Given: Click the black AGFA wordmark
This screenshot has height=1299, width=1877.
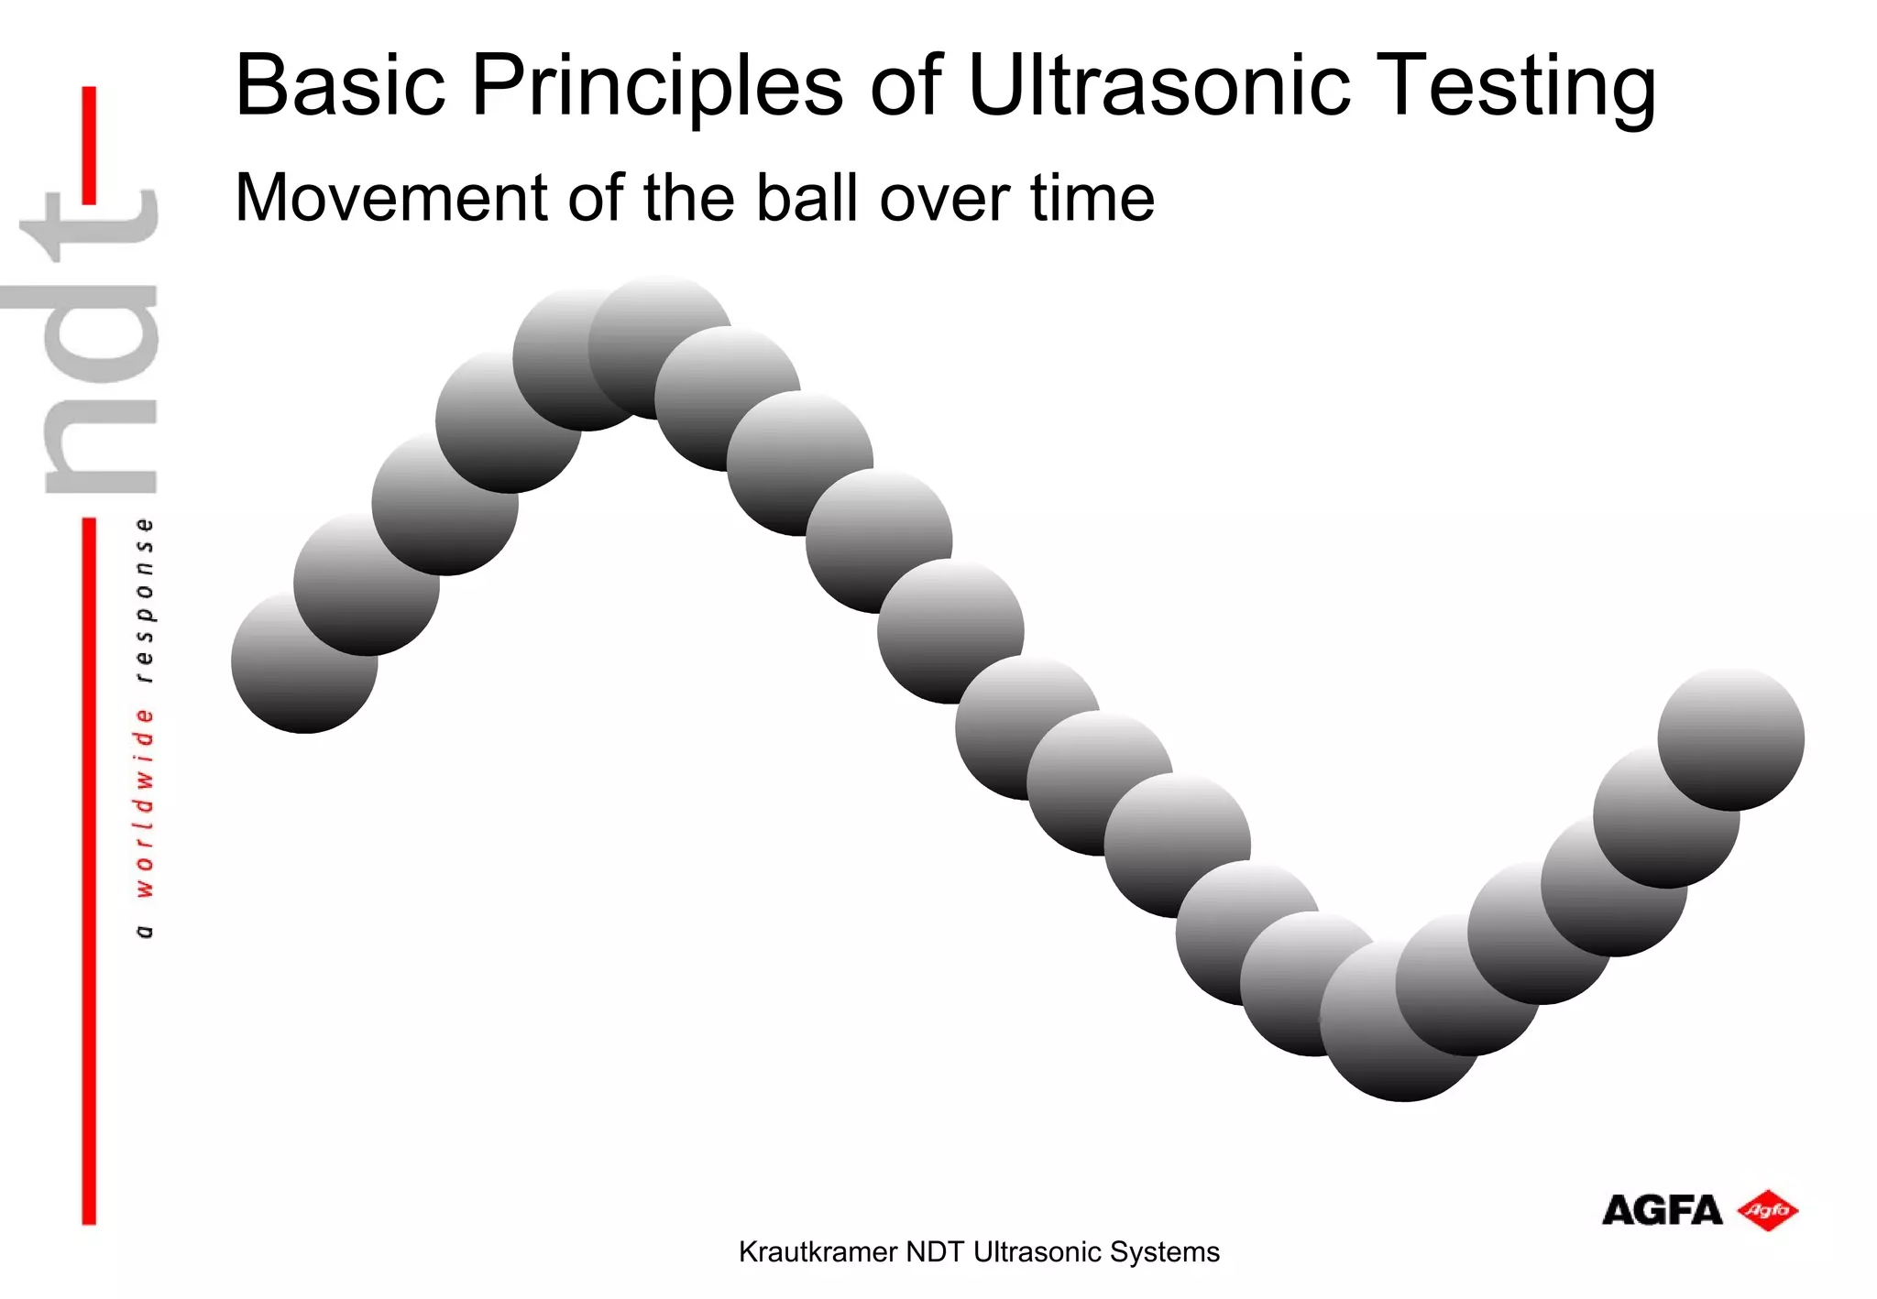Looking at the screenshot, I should (x=1662, y=1211).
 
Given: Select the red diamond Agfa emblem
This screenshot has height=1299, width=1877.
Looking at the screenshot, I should (x=1768, y=1211).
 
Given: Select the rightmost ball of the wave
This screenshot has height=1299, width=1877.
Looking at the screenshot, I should (x=1731, y=738).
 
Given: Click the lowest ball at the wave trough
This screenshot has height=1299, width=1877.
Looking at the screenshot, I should (x=1402, y=1026).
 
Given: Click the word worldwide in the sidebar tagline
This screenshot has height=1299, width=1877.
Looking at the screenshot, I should (x=145, y=802).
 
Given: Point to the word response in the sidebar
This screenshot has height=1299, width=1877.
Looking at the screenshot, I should (x=145, y=600).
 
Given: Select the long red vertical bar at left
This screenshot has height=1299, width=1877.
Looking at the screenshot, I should (x=89, y=870).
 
